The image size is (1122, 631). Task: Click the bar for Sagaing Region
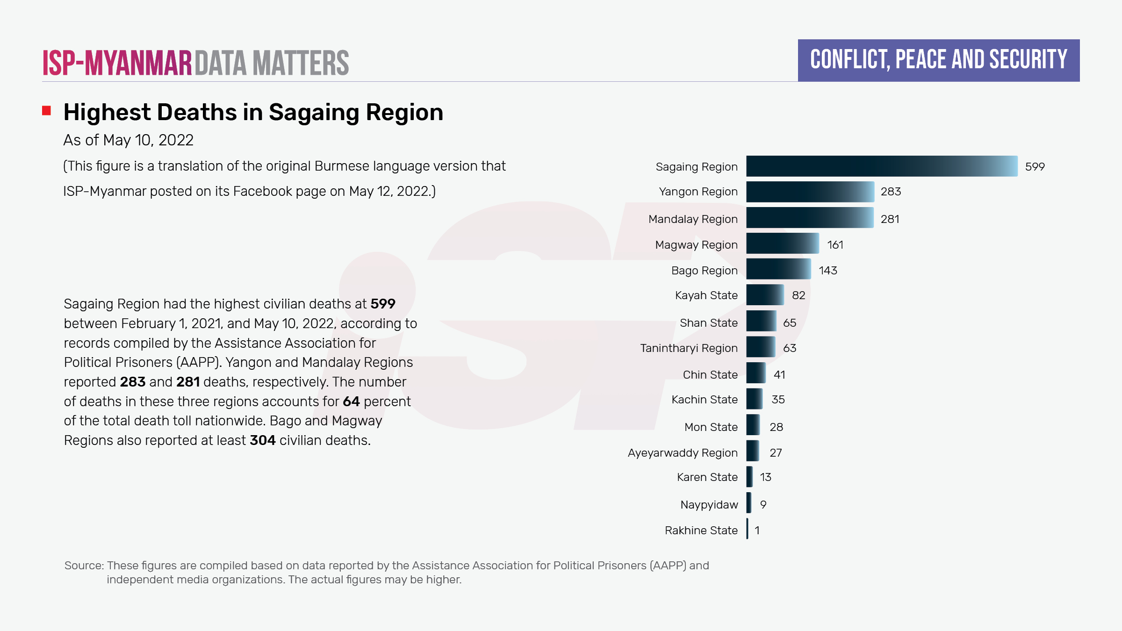pos(881,166)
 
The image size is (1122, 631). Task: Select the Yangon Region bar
pos(810,192)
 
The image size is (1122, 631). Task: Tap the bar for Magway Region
pos(782,244)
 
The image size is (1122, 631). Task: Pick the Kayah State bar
pos(765,295)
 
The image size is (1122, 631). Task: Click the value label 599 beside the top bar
pos(1035,167)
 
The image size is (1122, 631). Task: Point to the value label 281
pos(890,219)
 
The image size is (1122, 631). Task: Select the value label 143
pos(827,271)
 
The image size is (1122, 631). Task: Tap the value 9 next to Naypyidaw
pos(763,505)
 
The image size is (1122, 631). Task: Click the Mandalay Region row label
pos(693,219)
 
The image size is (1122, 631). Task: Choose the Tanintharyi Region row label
pos(689,348)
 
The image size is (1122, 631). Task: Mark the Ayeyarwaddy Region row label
pos(683,453)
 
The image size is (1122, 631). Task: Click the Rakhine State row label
pos(701,531)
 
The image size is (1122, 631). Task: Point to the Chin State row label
pos(710,375)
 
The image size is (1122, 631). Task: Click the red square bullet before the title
pos(46,111)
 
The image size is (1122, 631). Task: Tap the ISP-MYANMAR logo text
pos(117,63)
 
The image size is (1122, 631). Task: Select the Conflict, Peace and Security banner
pos(938,60)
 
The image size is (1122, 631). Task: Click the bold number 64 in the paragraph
pos(351,402)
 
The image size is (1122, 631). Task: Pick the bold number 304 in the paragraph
pos(262,440)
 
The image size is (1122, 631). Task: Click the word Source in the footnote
pos(83,566)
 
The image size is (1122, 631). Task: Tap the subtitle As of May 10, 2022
pos(128,140)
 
